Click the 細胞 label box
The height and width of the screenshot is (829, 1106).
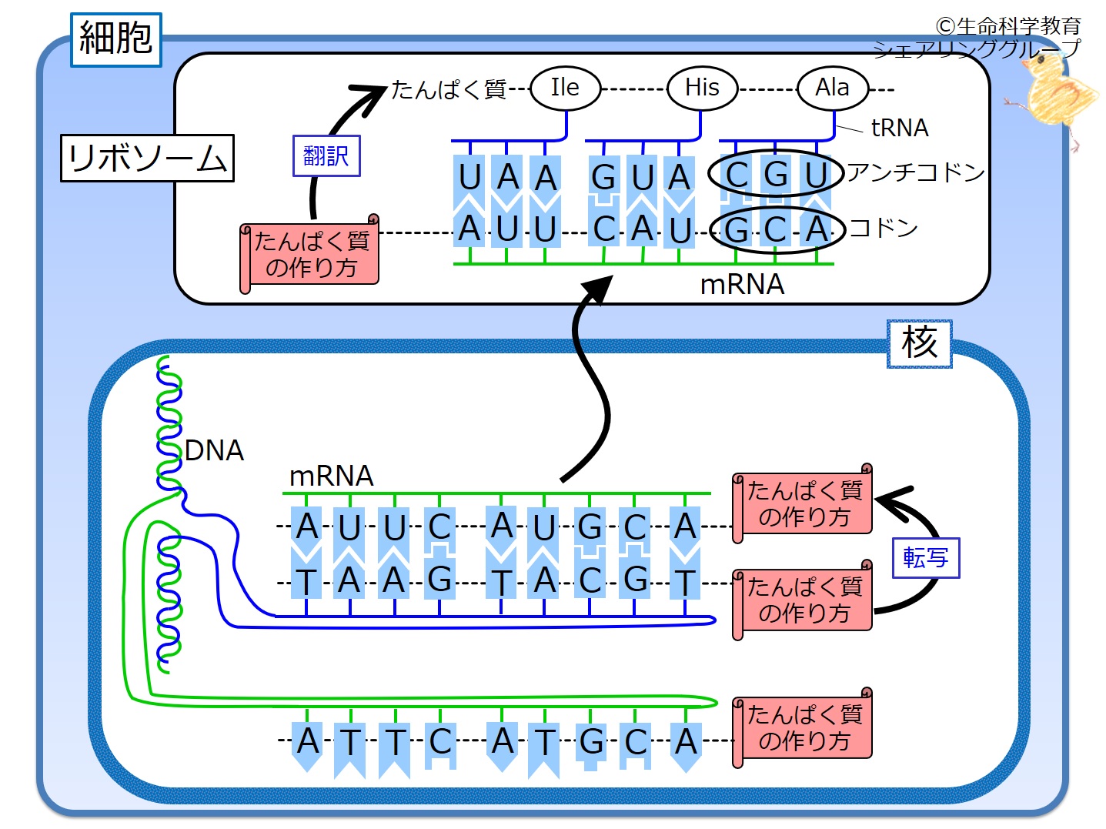point(115,39)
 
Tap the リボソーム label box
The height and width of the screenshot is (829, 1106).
point(147,159)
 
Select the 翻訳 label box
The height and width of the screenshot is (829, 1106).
point(326,156)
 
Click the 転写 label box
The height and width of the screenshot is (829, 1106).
point(925,557)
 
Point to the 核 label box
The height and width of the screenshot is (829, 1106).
point(919,343)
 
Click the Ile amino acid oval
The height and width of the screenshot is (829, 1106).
point(565,88)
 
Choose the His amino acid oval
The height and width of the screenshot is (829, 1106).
point(701,88)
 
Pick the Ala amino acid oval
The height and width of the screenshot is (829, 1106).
point(832,88)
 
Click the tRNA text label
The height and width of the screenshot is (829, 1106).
point(899,128)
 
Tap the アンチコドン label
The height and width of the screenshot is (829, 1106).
point(916,172)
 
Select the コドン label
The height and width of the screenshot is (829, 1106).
point(884,228)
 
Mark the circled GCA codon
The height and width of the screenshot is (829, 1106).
point(777,229)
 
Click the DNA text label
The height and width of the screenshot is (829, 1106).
point(214,450)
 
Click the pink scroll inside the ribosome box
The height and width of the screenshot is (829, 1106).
point(310,254)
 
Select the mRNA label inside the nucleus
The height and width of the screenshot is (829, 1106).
point(331,476)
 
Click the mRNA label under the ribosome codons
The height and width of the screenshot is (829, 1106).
point(742,285)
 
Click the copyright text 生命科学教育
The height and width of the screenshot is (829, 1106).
point(1008,26)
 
